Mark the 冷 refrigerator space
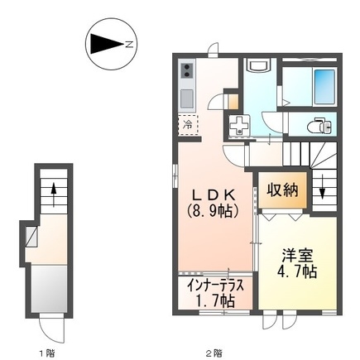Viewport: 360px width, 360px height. [187, 124]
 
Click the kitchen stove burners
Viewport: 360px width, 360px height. [187, 71]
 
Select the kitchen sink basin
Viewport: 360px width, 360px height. [187, 98]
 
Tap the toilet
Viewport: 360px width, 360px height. [319, 125]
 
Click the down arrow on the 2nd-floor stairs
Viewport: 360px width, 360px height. [323, 195]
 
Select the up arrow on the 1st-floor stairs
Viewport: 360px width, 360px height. [53, 195]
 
